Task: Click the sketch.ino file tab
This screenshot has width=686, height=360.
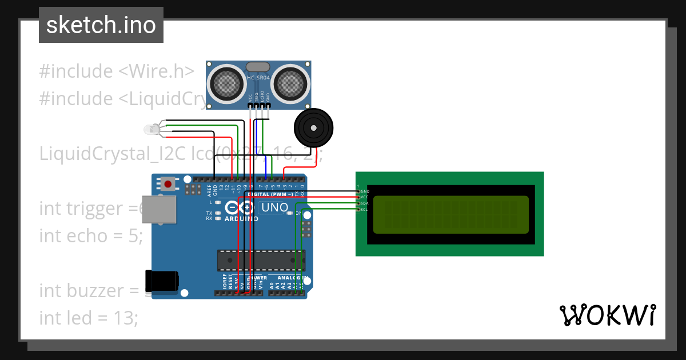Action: (x=101, y=25)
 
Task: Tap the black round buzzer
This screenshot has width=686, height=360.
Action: (x=313, y=129)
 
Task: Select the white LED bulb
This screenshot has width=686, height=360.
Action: (x=151, y=130)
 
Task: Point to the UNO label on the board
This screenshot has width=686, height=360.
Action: (x=274, y=208)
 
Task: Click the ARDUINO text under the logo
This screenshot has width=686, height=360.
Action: (x=241, y=219)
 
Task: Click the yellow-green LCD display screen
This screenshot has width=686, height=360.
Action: (x=451, y=215)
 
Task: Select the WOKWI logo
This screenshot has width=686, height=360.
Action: (x=607, y=315)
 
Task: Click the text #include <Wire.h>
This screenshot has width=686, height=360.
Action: (x=117, y=71)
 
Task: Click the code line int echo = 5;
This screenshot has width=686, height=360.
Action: (x=91, y=235)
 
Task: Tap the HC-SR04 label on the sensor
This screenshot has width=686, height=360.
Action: (x=258, y=78)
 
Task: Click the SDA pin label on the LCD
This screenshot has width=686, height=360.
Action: (x=364, y=203)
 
